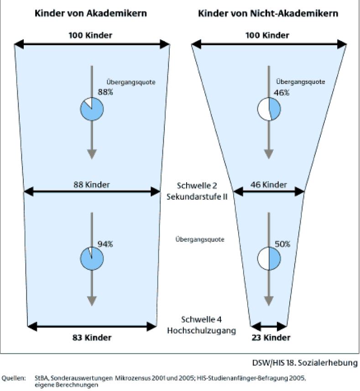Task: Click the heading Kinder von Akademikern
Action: coord(91,13)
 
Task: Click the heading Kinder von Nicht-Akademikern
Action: coord(268,13)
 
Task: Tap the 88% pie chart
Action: coord(92,109)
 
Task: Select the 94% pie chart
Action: coord(92,259)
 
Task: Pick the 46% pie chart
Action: coord(269,109)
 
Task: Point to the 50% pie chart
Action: coord(269,259)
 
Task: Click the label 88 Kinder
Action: coord(91,185)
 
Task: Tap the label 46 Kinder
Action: coord(269,185)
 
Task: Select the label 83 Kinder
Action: coord(92,338)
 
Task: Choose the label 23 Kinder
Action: coord(271,338)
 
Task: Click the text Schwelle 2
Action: coord(197,185)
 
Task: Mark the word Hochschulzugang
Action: coord(202,331)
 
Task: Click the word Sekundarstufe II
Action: coord(197,196)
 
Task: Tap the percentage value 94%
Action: coord(105,244)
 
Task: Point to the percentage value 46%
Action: coord(282,93)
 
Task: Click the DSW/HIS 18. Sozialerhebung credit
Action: coord(305,363)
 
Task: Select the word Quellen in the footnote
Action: coord(13,378)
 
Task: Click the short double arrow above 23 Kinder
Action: coord(269,326)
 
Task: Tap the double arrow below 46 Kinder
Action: coord(269,192)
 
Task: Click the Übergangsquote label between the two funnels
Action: coord(200,239)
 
